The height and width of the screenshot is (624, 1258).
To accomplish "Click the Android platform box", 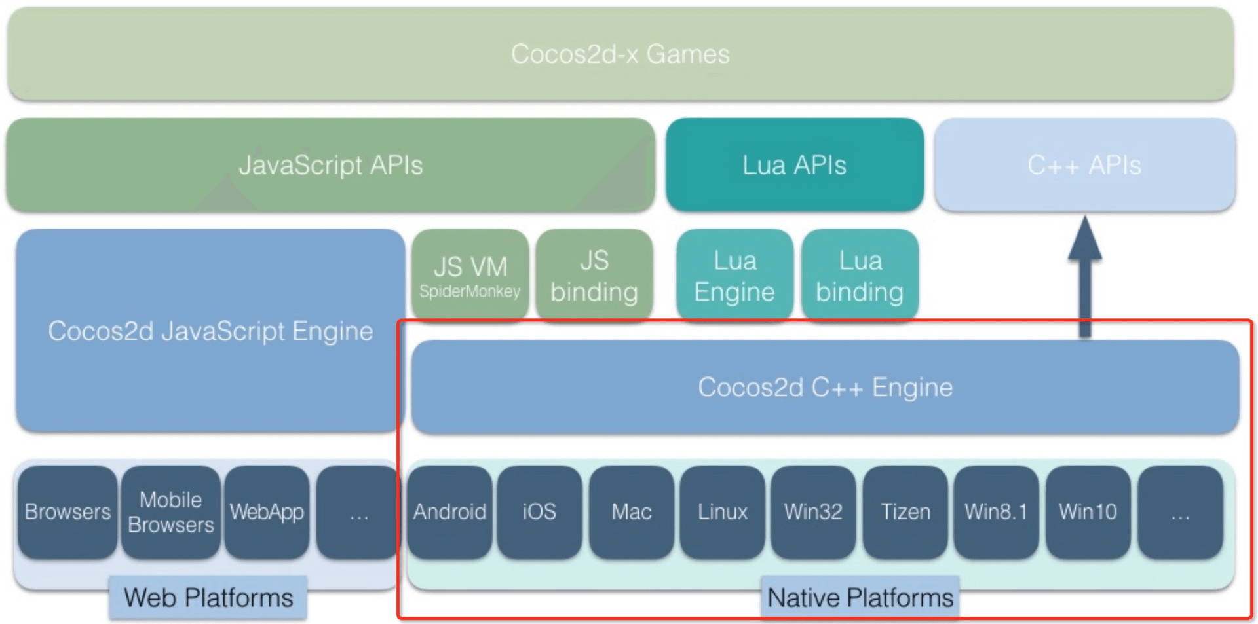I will pos(449,512).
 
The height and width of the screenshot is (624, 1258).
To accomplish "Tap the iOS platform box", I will pos(539,512).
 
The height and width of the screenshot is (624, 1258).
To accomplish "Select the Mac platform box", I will pos(631,512).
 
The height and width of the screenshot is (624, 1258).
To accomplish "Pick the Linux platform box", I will pos(722,512).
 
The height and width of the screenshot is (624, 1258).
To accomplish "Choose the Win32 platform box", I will pos(813,512).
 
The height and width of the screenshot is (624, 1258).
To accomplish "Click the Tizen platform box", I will pos(905,512).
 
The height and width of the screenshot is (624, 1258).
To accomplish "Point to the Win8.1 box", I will pos(996,512).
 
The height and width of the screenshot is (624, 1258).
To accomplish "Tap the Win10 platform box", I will pos(1088,512).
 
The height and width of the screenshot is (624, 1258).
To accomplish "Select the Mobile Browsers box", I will pos(171,512).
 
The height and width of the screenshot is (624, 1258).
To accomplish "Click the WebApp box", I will pos(267,512).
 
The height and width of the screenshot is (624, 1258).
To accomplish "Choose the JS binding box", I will pos(594,275).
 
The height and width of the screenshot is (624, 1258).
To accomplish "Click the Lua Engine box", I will pos(734,275).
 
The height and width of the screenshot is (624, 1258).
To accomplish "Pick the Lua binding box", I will pos(860,275).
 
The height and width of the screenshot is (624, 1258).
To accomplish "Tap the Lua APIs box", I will pos(794,165).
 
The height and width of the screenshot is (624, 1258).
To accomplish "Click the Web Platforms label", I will pos(208,598).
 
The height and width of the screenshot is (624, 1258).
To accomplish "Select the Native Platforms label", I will pos(860,598).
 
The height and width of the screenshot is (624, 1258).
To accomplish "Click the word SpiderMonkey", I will pos(470,291).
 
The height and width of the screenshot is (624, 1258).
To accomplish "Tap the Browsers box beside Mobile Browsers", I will pos(67,512).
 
